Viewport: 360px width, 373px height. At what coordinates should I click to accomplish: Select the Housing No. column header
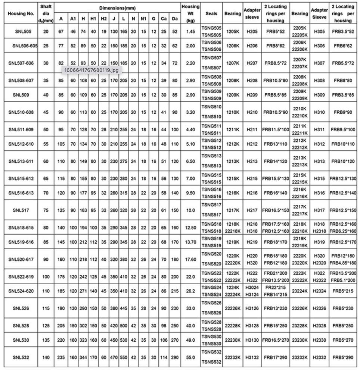(21, 13)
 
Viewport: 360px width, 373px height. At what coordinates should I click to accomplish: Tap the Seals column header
(211, 13)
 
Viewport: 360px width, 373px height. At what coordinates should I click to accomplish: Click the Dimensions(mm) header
(117, 8)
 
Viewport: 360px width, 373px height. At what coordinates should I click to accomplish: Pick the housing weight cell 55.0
(190, 357)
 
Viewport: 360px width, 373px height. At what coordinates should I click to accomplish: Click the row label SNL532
(21, 357)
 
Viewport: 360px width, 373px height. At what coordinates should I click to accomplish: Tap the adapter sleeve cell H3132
(252, 357)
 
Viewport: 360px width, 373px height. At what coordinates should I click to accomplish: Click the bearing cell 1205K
(233, 32)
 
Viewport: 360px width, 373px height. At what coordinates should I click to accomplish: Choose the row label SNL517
(21, 210)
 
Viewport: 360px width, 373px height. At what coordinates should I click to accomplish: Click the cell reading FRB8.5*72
(275, 63)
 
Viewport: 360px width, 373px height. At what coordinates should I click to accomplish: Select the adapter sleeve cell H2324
(319, 291)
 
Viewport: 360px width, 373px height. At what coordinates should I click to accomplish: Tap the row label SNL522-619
(21, 276)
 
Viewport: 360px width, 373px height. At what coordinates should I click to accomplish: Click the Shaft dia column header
(46, 13)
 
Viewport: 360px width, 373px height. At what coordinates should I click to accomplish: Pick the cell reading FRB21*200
(275, 273)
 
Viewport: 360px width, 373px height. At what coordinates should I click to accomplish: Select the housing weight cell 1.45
(190, 32)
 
